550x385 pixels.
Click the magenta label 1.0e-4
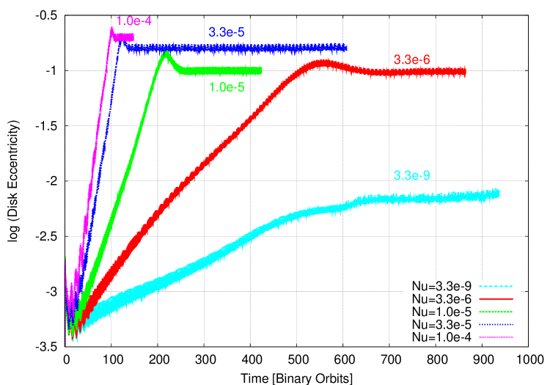point(134,21)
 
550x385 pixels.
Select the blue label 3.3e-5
point(227,32)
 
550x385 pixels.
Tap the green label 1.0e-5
point(227,87)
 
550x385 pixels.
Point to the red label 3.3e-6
point(411,59)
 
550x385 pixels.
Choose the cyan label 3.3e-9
point(411,176)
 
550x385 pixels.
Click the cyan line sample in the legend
point(496,286)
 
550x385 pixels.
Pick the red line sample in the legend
point(496,299)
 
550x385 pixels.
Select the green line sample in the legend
point(496,312)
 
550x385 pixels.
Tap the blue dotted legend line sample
point(496,324)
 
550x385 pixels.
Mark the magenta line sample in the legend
point(496,337)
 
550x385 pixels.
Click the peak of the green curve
point(166,53)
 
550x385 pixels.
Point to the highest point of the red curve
point(323,63)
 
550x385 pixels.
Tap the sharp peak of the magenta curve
point(111,29)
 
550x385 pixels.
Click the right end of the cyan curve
point(499,193)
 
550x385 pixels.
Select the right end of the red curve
point(465,71)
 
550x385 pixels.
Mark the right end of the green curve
point(261,70)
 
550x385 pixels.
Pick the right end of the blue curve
point(345,48)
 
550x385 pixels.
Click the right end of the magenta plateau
point(133,37)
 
